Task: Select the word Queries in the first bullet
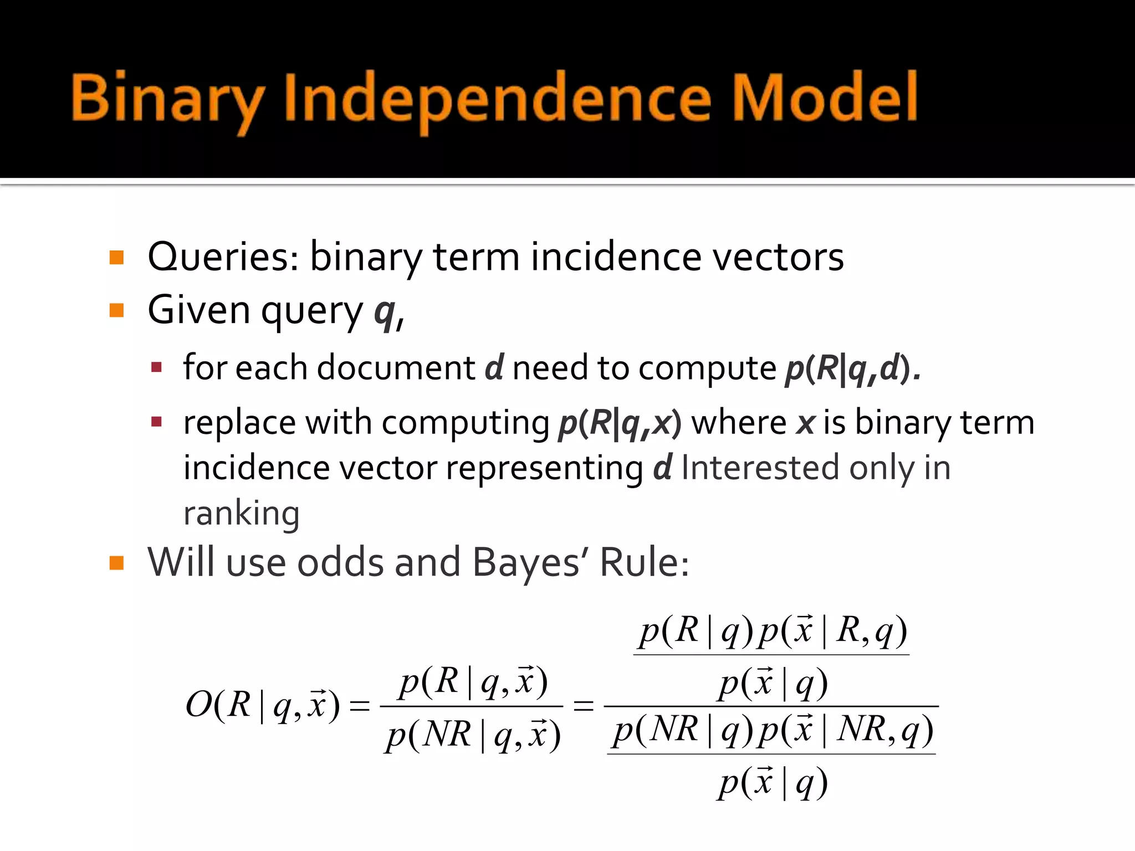[x=222, y=258]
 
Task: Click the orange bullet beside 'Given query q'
[x=116, y=310]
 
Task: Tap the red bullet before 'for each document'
[x=156, y=367]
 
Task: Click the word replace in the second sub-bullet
[x=239, y=423]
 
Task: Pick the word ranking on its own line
[x=241, y=512]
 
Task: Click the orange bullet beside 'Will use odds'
[x=116, y=563]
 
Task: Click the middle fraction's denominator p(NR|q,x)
[x=473, y=736]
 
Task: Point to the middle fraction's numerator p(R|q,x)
[x=473, y=681]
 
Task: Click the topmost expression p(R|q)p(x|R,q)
[x=772, y=631]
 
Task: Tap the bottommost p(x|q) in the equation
[x=772, y=783]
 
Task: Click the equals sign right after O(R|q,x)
[x=359, y=706]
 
